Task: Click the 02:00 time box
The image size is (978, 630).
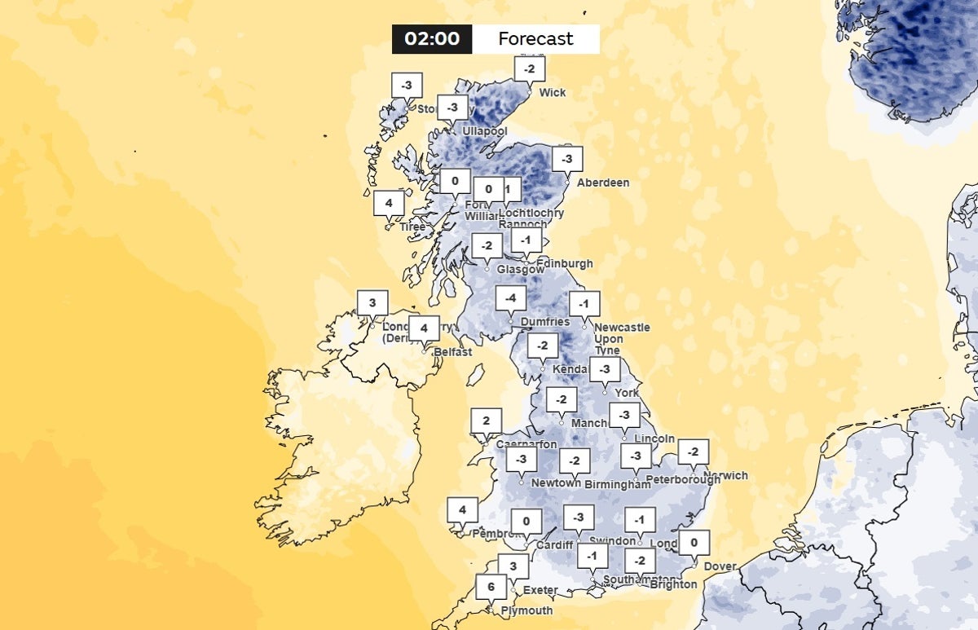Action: tap(432, 39)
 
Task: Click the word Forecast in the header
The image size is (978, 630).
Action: tap(535, 39)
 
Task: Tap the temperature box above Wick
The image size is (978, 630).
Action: tap(530, 68)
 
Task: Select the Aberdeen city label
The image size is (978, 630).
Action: tap(603, 183)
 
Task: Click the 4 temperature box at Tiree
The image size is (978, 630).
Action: tap(389, 202)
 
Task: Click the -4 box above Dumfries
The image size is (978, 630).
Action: tap(510, 298)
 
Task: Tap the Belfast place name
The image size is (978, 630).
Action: tap(452, 352)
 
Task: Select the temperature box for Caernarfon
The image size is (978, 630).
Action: tap(486, 421)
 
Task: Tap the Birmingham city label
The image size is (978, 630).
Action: tap(618, 484)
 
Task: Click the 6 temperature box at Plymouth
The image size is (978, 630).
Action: tap(491, 586)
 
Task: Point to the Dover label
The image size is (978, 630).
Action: tap(720, 566)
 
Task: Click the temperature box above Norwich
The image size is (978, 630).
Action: tap(693, 452)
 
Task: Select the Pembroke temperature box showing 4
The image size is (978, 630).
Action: tap(462, 511)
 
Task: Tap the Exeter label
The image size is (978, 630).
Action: tap(540, 590)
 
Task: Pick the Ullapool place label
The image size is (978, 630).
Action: tap(484, 131)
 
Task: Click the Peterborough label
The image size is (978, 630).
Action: tap(683, 479)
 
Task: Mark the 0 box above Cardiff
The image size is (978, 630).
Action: tap(526, 521)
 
